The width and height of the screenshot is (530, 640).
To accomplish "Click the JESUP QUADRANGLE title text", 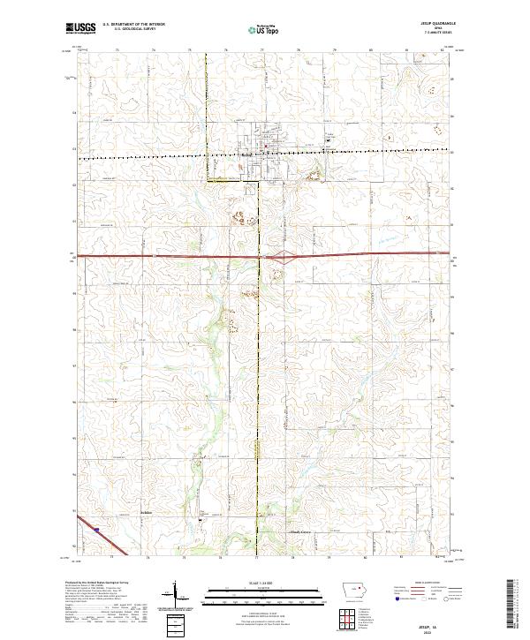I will click(x=435, y=25).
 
